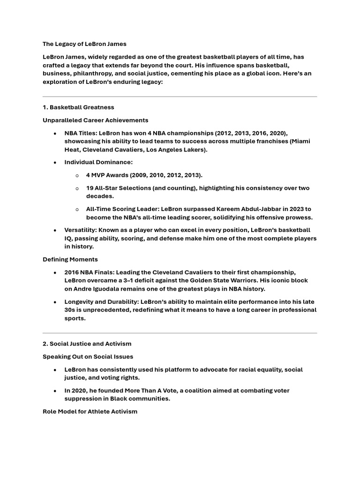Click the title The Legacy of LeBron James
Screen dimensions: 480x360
(x=84, y=44)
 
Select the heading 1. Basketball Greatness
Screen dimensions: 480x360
(x=78, y=107)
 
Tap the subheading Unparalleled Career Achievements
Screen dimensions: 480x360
(x=96, y=120)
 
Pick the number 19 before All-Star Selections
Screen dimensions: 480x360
(x=90, y=188)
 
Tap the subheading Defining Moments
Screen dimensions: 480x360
(x=70, y=259)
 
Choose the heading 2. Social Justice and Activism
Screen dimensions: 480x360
(x=87, y=344)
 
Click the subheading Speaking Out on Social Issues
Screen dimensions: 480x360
(x=88, y=357)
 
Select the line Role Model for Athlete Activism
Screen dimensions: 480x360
(x=90, y=412)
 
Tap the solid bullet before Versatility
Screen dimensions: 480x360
(x=55, y=230)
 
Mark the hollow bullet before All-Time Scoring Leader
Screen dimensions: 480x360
(x=77, y=209)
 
